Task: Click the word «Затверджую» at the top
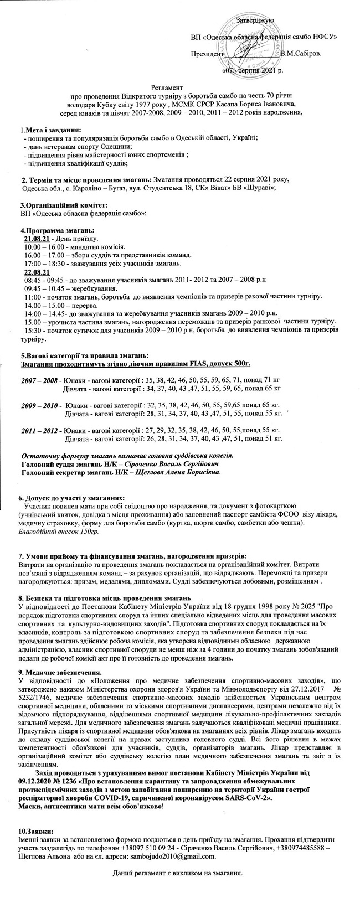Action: pyautogui.click(x=256, y=20)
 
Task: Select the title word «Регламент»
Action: pyautogui.click(x=168, y=87)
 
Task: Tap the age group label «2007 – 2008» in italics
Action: pyautogui.click(x=39, y=381)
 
